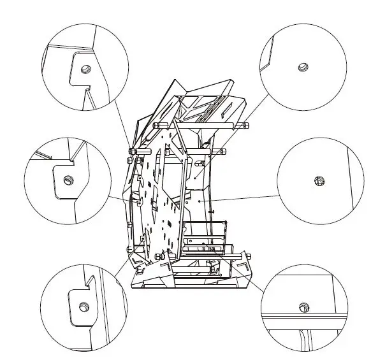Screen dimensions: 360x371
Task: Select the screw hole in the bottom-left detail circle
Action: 83,306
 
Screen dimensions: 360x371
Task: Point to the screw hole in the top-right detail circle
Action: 303,66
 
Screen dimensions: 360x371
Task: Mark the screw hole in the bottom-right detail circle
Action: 304,308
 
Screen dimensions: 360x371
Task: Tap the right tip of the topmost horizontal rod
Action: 248,125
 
